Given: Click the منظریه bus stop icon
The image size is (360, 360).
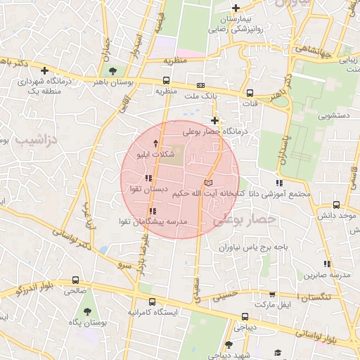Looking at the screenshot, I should (166, 80).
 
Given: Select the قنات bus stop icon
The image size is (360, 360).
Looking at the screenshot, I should (250, 93).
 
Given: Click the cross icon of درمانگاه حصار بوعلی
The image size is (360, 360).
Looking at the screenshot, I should (215, 120).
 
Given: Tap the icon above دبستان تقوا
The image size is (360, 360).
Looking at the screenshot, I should (148, 179).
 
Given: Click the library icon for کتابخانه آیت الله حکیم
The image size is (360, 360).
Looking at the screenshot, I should (207, 183).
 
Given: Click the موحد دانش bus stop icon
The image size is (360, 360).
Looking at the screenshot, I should (336, 205).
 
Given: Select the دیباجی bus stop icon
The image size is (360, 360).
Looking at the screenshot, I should (244, 316).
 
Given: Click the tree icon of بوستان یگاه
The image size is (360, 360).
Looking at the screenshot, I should (87, 311).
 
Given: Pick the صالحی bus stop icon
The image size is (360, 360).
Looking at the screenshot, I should (75, 280).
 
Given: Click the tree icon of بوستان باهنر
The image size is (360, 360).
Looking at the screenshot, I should (113, 70).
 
